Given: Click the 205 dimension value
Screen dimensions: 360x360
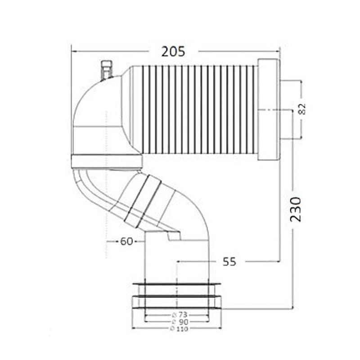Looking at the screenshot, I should point(173,51).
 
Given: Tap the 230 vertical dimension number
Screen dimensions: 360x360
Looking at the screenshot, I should point(295,209).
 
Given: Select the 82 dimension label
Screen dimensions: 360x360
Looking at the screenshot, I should point(301,108).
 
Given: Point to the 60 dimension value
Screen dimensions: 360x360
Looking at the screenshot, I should point(126,242).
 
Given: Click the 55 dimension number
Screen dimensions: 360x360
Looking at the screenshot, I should point(229,261).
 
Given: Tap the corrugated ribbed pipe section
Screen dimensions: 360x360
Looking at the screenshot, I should point(193,108).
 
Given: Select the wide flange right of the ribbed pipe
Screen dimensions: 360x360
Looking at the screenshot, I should point(268,109).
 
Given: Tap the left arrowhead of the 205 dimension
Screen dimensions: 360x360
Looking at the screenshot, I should point(74,51).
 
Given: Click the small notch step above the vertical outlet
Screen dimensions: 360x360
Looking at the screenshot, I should point(173,235).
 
